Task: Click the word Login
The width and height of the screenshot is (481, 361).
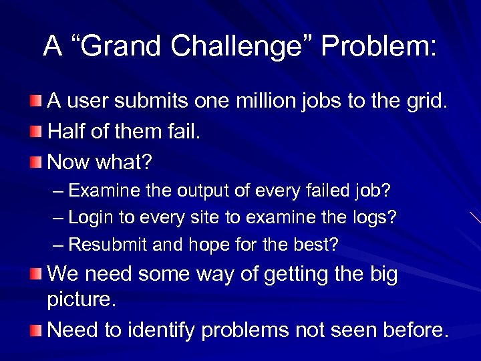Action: tap(91, 218)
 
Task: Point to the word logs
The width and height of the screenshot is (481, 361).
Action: tap(373, 218)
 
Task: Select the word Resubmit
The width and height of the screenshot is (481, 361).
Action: tap(108, 245)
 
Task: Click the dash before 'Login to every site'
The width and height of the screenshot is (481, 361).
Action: tap(58, 218)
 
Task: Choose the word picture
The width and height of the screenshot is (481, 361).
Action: tap(80, 300)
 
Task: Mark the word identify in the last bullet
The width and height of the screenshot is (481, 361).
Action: tap(164, 330)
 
